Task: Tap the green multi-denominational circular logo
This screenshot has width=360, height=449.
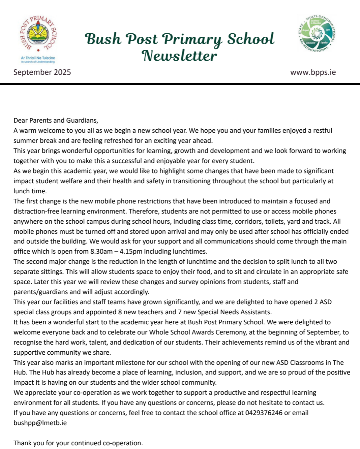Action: [317, 34]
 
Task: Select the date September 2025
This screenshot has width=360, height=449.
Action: [42, 72]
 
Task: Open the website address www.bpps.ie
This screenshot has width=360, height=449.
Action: [313, 72]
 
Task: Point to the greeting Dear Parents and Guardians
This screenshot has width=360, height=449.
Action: [56, 121]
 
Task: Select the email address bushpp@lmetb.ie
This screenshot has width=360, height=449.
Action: [40, 423]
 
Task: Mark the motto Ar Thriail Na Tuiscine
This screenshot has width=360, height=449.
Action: [38, 58]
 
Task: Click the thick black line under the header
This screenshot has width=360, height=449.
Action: [180, 84]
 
